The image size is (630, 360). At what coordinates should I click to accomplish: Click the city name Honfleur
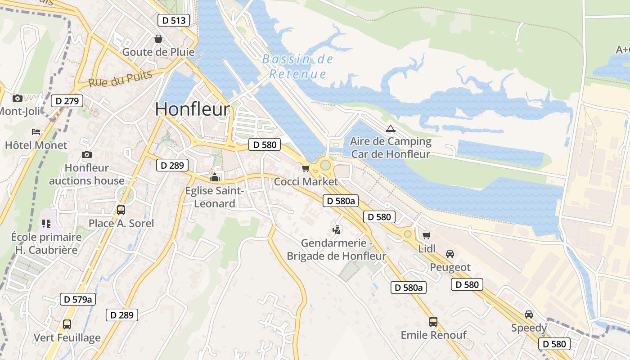click(193, 109)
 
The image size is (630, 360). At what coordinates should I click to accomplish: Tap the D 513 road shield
click(174, 20)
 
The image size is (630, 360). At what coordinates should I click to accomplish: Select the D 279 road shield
click(67, 101)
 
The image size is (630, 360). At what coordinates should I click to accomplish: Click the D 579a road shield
click(78, 299)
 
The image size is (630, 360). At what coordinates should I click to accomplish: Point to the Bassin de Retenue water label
click(297, 67)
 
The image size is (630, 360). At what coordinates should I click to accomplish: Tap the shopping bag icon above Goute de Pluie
click(158, 39)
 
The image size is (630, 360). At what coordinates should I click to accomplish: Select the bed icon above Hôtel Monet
click(36, 132)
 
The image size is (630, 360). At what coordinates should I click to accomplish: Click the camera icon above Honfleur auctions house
click(87, 154)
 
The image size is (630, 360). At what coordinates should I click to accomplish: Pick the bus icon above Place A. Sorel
click(121, 210)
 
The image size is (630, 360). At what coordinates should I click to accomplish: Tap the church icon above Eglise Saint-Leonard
click(215, 177)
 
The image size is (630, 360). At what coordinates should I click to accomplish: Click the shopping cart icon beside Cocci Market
click(306, 168)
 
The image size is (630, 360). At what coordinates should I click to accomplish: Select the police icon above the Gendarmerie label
click(336, 230)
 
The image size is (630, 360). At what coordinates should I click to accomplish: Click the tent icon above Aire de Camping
click(390, 128)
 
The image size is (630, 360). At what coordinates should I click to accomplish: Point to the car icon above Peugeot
click(450, 254)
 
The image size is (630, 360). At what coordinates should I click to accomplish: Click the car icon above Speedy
click(529, 314)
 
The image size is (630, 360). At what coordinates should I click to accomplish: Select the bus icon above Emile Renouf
click(433, 321)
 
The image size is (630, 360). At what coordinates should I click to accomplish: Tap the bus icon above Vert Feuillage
click(67, 324)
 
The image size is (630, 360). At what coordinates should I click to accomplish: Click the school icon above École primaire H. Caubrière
click(46, 223)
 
